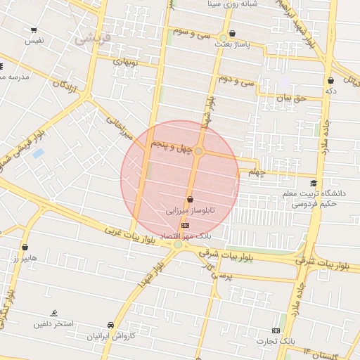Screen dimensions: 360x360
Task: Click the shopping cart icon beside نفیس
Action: [x=34, y=30]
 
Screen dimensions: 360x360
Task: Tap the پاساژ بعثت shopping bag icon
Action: [x=232, y=33]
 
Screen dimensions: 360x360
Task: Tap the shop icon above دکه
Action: [x=330, y=80]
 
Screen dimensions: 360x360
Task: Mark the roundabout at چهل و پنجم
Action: [x=199, y=151]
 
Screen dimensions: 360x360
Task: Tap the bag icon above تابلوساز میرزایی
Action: [x=190, y=199]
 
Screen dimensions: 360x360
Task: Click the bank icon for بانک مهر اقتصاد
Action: [x=185, y=225]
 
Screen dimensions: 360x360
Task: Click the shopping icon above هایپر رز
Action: [x=26, y=247]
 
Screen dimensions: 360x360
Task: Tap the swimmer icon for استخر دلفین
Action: [x=54, y=314]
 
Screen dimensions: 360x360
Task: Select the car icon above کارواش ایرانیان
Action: [x=111, y=325]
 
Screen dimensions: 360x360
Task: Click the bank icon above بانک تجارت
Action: [x=276, y=330]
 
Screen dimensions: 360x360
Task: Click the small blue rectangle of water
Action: [x=38, y=153]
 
